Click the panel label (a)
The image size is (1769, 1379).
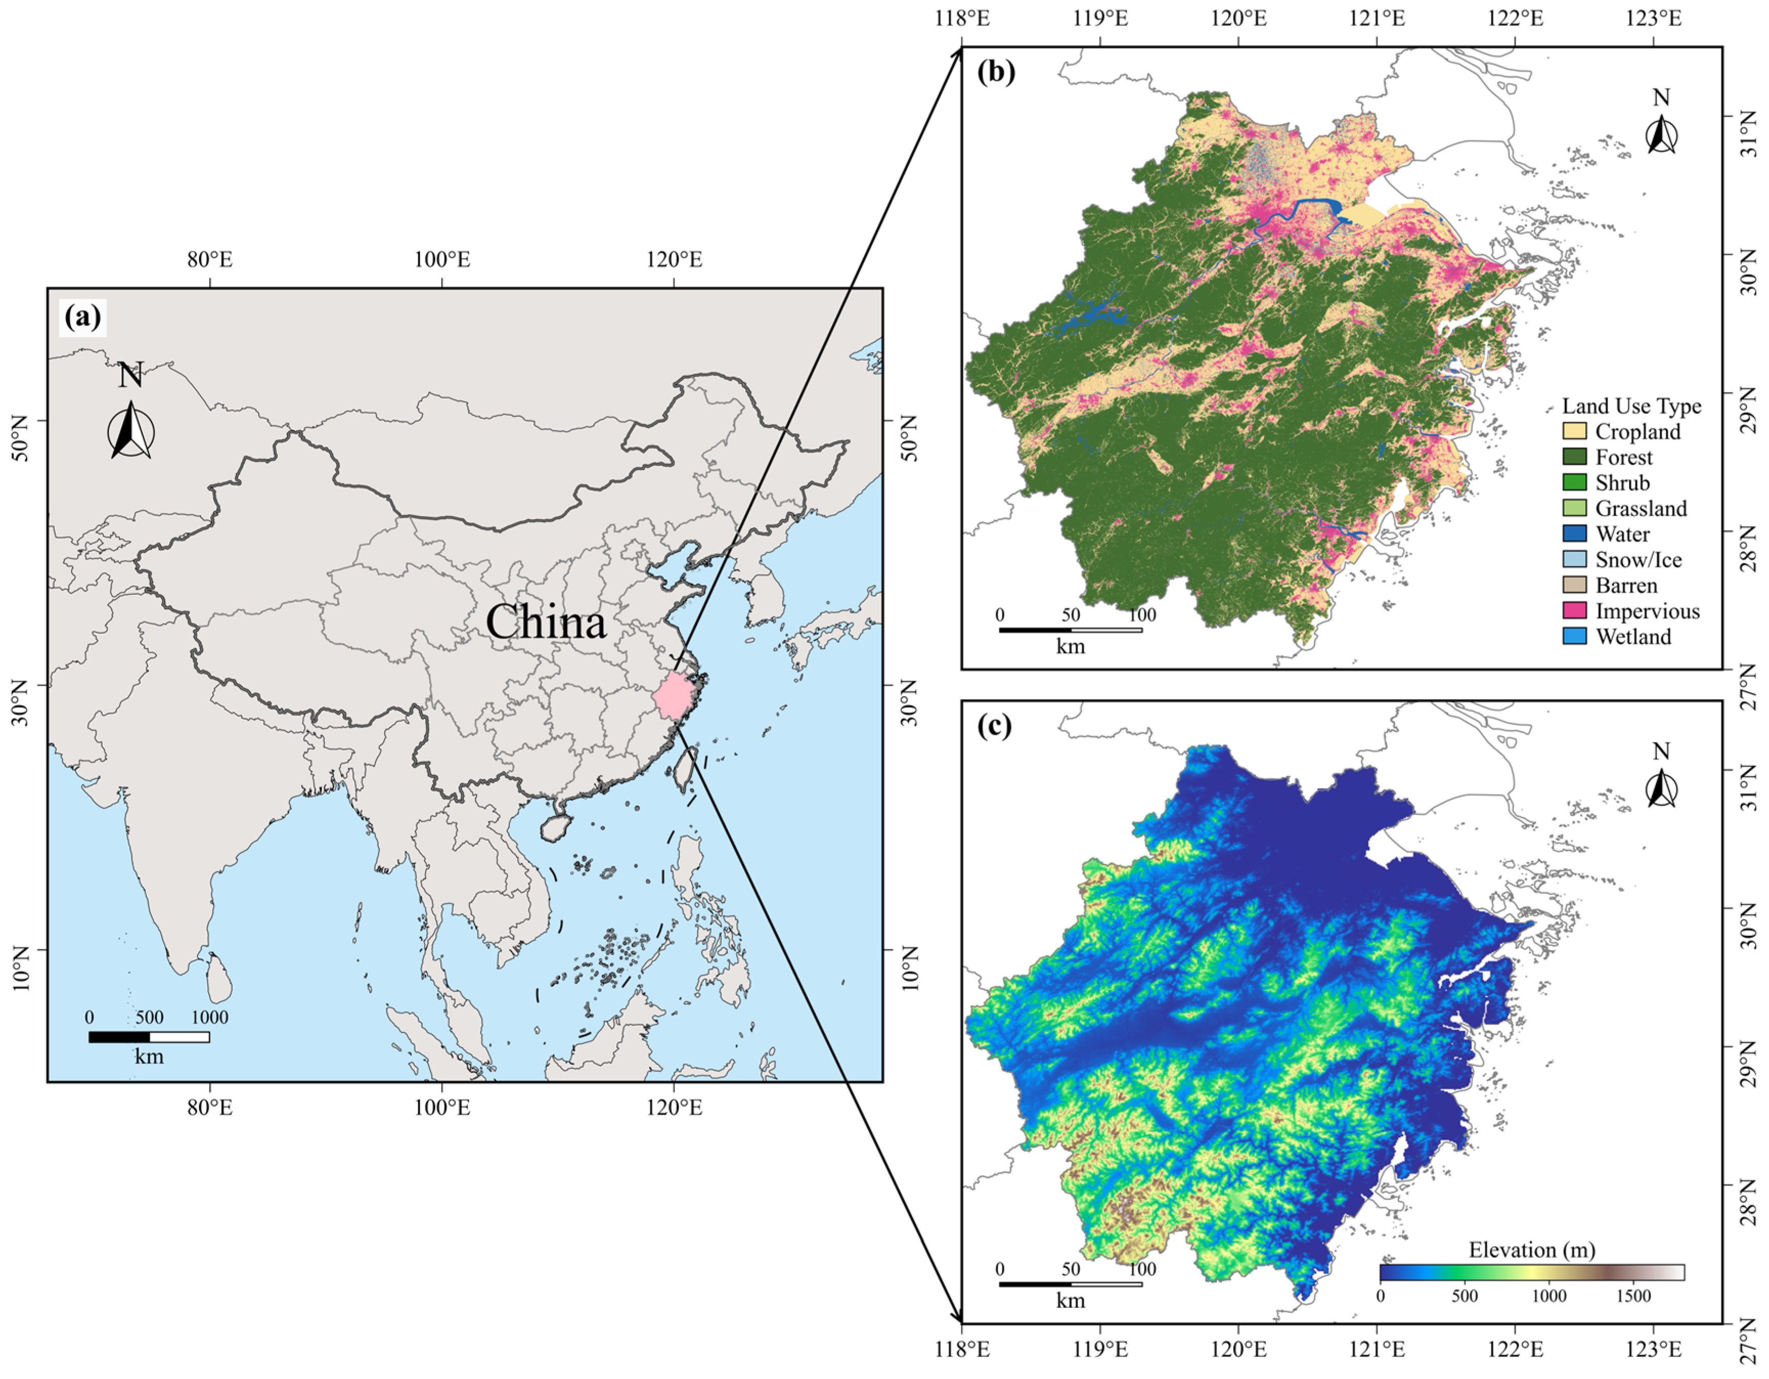83,317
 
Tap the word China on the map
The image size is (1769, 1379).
546,622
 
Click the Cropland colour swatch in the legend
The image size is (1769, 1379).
1574,431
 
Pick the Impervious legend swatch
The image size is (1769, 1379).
1574,611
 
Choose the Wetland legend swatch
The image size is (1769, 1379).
1574,637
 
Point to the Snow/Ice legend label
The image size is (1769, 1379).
1638,560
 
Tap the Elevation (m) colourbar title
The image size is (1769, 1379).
1532,1250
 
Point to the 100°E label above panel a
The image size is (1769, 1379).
442,260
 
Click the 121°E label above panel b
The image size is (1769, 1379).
1377,18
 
